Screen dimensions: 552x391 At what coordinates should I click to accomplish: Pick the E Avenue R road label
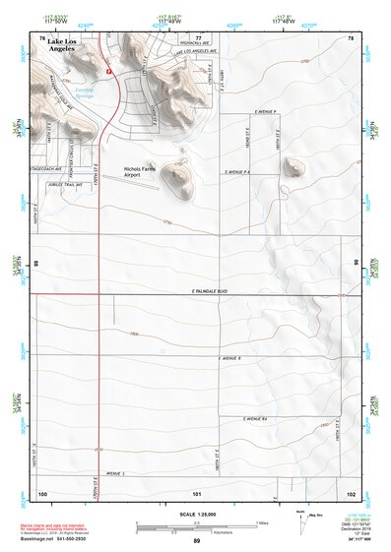[229, 359]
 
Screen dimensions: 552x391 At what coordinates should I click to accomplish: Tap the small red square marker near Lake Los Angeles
[109, 71]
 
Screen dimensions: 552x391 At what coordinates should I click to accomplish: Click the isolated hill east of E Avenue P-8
[294, 167]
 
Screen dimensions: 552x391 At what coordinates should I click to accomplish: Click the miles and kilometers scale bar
[196, 526]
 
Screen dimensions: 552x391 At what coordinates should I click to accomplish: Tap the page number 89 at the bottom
[196, 541]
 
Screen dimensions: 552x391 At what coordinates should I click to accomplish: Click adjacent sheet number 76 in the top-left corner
[41, 37]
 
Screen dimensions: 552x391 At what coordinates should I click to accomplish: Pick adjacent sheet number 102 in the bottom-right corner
[351, 491]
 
